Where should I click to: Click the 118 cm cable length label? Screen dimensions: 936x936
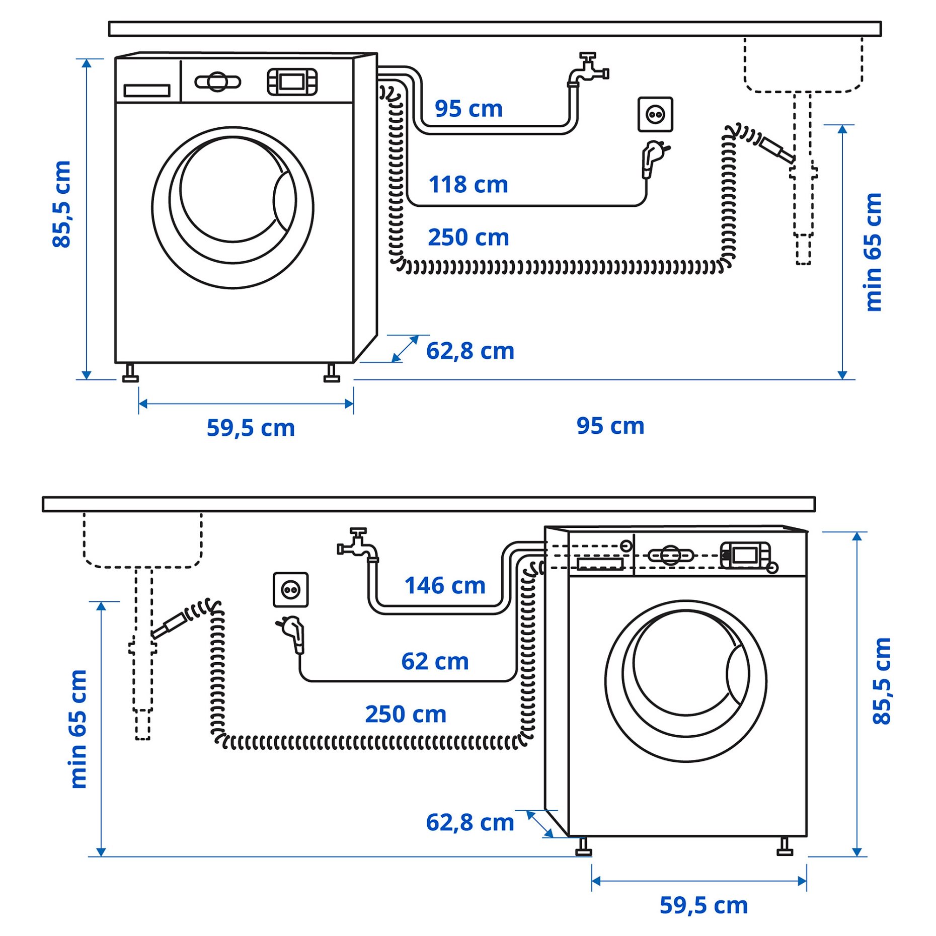pos(468,185)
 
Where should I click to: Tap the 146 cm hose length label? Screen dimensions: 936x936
pos(445,586)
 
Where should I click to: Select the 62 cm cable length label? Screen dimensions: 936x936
pos(435,661)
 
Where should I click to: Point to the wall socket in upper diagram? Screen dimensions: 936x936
pos(655,115)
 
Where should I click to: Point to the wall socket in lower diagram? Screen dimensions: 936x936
pos(290,589)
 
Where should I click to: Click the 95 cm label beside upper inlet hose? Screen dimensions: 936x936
pos(468,109)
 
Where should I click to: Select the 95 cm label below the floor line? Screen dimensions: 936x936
pos(610,426)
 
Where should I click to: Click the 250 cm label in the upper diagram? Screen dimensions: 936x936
pos(468,238)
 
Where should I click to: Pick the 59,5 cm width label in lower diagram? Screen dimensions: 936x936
pos(703,905)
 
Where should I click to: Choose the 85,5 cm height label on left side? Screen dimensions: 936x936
pos(62,204)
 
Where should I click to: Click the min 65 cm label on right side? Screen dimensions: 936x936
pos(873,252)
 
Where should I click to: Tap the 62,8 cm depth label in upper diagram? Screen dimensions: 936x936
pos(470,351)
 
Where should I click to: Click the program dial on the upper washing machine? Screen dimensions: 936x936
pos(217,82)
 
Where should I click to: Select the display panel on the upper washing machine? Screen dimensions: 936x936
pos(292,82)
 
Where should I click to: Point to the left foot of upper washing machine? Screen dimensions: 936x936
pos(130,373)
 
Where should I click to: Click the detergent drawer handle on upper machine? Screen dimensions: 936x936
pos(147,91)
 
